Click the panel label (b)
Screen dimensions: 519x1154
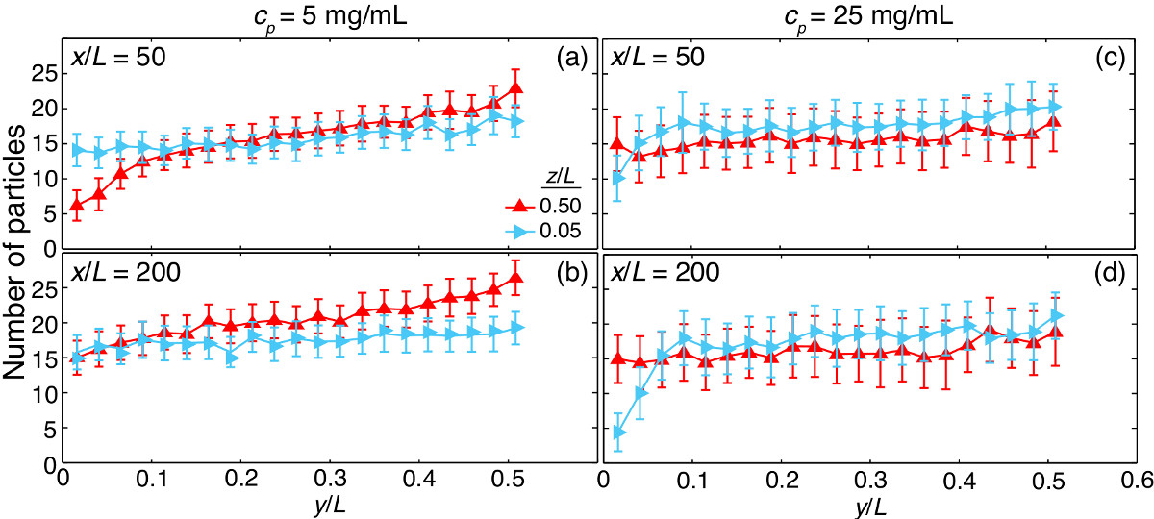tap(567, 271)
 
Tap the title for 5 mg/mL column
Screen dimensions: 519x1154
tap(312, 16)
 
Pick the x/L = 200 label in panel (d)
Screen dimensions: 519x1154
tap(664, 271)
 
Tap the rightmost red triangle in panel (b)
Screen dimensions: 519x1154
tap(515, 279)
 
